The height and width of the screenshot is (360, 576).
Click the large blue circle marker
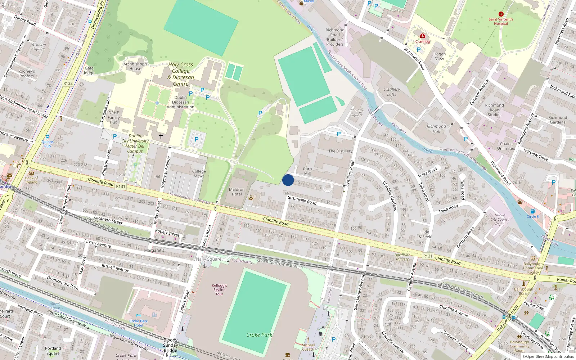click(288, 180)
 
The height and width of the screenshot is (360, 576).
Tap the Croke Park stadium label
click(259, 335)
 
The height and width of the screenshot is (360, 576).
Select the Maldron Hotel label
click(237, 192)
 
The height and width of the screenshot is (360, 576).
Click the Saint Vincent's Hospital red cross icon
click(501, 14)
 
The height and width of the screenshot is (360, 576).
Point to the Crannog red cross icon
click(423, 36)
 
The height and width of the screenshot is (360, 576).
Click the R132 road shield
click(68, 83)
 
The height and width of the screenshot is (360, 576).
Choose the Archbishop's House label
click(135, 66)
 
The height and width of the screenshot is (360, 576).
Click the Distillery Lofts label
click(392, 92)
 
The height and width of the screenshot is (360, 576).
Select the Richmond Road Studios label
click(494, 110)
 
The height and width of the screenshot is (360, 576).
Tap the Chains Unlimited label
click(506, 146)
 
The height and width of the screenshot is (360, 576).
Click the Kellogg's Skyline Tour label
click(219, 289)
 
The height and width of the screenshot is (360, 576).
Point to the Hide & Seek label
click(425, 234)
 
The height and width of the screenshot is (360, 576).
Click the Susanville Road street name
click(302, 200)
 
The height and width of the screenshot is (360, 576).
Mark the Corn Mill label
click(307, 171)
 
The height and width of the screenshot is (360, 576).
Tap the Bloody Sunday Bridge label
click(171, 345)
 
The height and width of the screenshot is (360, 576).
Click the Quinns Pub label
click(48, 144)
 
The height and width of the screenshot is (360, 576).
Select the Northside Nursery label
click(402, 257)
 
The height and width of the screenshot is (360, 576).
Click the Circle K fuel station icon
click(533, 211)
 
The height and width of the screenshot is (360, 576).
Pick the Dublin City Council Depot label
click(500, 219)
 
